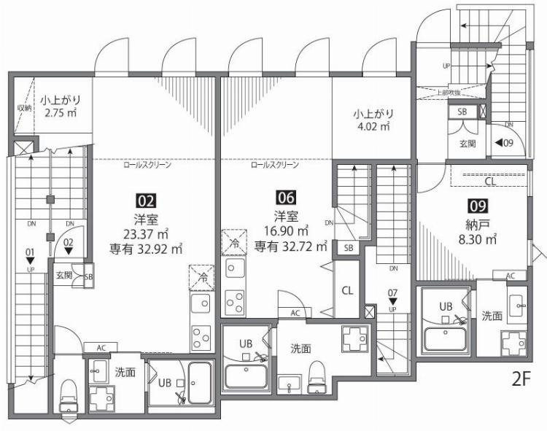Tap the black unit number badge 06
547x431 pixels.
[x=285, y=196]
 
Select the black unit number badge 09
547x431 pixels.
[x=478, y=205]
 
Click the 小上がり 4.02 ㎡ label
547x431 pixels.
[x=372, y=119]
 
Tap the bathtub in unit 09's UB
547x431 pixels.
[x=445, y=338]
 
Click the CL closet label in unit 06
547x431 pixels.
[x=347, y=290]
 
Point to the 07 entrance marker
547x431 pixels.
[x=393, y=295]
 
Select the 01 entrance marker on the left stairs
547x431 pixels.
[x=30, y=256]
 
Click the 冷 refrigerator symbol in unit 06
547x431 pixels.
[x=235, y=244]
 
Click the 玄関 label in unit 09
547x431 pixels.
[x=468, y=144]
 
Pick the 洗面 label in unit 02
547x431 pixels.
[x=125, y=372]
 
